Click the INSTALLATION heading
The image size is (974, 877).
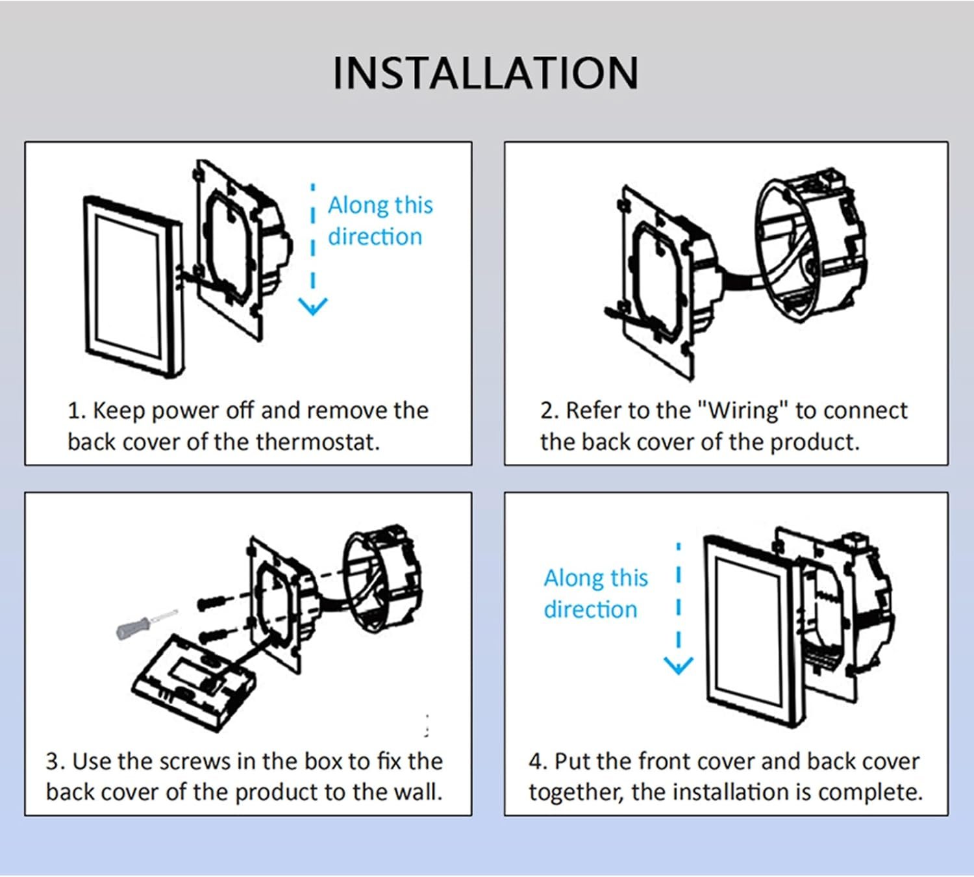(486, 73)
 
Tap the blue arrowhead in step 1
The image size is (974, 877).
(312, 305)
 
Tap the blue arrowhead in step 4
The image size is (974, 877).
(679, 665)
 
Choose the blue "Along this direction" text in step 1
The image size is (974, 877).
(379, 221)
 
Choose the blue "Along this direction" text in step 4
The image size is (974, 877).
(595, 594)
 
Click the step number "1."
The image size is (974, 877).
(77, 411)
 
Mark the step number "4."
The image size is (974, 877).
(538, 761)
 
